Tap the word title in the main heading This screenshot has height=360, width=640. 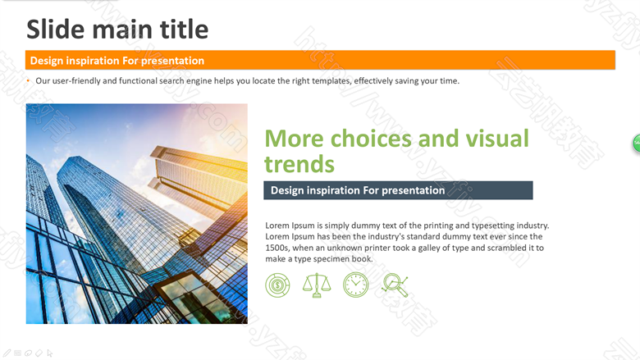(184, 30)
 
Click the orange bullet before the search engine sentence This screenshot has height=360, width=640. (28, 80)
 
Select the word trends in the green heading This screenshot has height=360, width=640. (299, 164)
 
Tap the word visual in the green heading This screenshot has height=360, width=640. (497, 139)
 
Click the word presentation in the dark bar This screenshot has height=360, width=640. (413, 190)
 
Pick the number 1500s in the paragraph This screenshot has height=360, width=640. (277, 248)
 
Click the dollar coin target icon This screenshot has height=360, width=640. (277, 285)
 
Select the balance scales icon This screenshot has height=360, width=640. (317, 285)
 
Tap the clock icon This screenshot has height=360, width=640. (355, 285)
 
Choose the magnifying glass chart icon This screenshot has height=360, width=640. (395, 285)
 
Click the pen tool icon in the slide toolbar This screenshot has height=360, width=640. (7, 353)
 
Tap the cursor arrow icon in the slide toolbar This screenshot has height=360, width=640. (50, 353)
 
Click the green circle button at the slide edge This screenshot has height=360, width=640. (637, 144)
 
